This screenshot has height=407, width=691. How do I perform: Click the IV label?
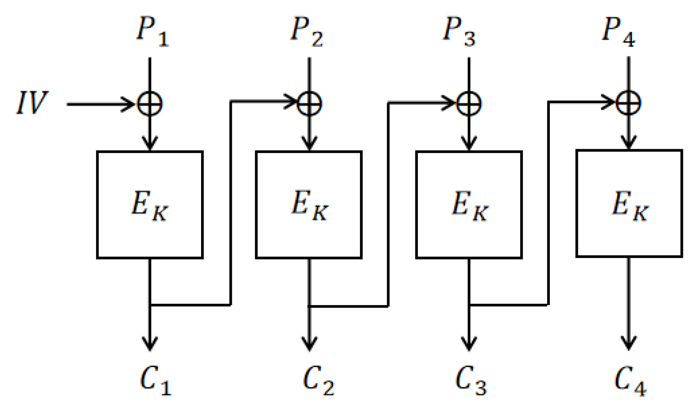pos(32,103)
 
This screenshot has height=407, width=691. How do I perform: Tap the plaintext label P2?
pos(307,32)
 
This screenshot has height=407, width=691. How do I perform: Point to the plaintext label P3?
pos(459,32)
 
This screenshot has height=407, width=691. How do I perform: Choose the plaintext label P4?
pos(618,32)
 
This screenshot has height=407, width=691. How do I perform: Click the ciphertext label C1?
pos(155,380)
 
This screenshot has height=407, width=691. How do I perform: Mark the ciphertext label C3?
pos(471,380)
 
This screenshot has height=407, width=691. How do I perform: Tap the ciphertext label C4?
pos(630,380)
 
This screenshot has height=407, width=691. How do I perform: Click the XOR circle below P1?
pos(150,104)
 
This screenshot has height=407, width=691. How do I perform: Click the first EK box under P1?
pos(150,205)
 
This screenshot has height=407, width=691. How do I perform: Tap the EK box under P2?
pos(309,205)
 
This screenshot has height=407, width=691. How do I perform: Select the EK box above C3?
pos(469,205)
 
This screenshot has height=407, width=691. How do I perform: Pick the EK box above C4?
pos(629,203)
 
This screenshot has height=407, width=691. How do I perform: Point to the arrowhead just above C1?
pos(150,344)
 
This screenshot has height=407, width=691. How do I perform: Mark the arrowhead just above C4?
pos(629,343)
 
